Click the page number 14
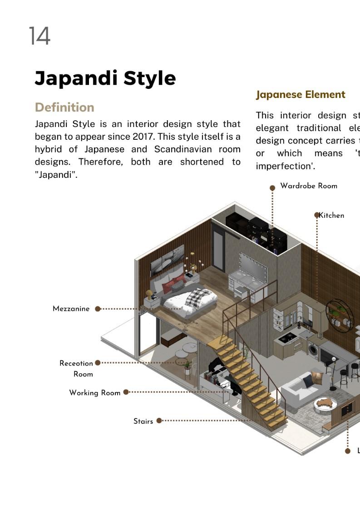(x=39, y=36)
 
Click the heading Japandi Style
(x=105, y=78)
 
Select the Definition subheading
(x=64, y=108)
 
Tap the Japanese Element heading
(x=301, y=95)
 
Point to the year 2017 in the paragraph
(x=144, y=137)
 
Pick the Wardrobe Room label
(x=309, y=186)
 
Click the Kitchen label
(x=331, y=215)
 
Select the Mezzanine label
(x=71, y=309)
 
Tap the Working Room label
(x=95, y=393)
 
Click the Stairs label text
(x=143, y=421)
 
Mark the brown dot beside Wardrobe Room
(x=272, y=188)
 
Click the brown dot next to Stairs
(x=159, y=421)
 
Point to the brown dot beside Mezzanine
(x=98, y=309)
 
